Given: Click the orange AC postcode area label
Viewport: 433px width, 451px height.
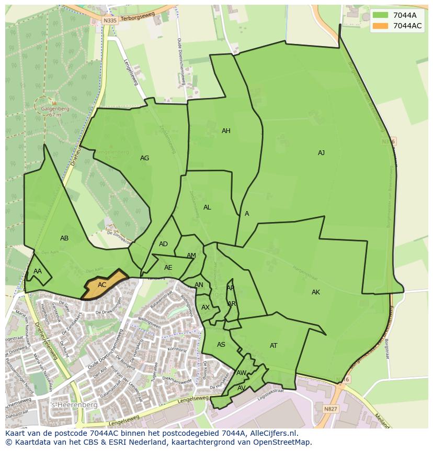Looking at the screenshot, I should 102,285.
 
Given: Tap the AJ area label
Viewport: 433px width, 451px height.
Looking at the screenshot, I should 321,153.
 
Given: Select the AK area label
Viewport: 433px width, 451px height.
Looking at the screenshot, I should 315,292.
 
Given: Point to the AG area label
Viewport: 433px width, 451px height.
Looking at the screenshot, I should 144,158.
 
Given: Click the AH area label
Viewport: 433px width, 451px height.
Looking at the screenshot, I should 226,131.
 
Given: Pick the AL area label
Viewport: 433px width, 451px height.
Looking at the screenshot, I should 207,207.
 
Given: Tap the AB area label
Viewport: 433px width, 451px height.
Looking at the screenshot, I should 64,238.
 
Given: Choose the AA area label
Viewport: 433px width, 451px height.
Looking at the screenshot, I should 38,271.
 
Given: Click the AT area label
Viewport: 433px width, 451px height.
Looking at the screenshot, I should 274,346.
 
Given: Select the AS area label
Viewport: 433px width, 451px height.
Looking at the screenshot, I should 221,345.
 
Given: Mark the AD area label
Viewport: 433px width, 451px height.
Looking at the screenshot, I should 164,244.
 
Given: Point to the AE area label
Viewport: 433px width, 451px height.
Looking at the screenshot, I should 168,268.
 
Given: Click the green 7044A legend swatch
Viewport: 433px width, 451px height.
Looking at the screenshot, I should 380,15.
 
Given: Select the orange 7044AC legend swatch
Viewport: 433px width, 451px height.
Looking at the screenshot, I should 380,26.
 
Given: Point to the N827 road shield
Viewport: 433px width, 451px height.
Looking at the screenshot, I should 331,409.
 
